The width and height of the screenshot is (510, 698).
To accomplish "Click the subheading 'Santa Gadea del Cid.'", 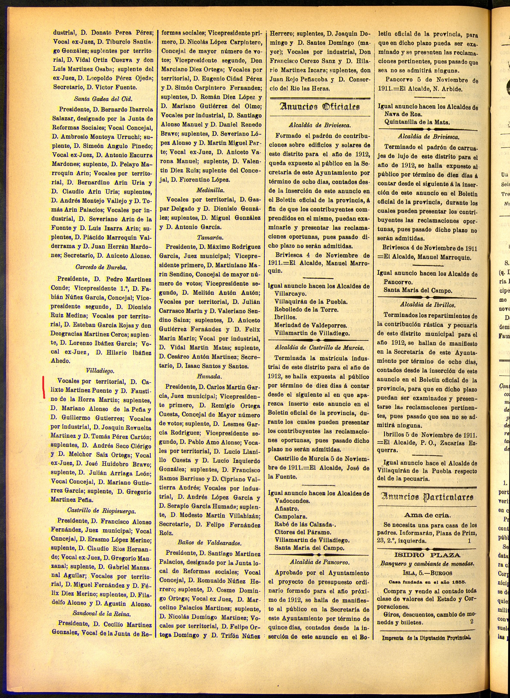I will pyautogui.click(x=103, y=99).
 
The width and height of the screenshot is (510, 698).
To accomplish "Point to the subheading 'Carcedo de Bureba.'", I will pyautogui.click(x=101, y=267).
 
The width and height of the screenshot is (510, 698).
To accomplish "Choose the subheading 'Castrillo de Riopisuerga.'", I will pyautogui.click(x=101, y=511).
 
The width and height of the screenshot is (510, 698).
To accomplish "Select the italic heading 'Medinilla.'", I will pyautogui.click(x=211, y=190).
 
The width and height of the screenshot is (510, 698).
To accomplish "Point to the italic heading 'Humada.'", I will pyautogui.click(x=210, y=376).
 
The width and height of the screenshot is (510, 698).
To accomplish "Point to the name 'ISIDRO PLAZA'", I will pyautogui.click(x=427, y=546).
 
